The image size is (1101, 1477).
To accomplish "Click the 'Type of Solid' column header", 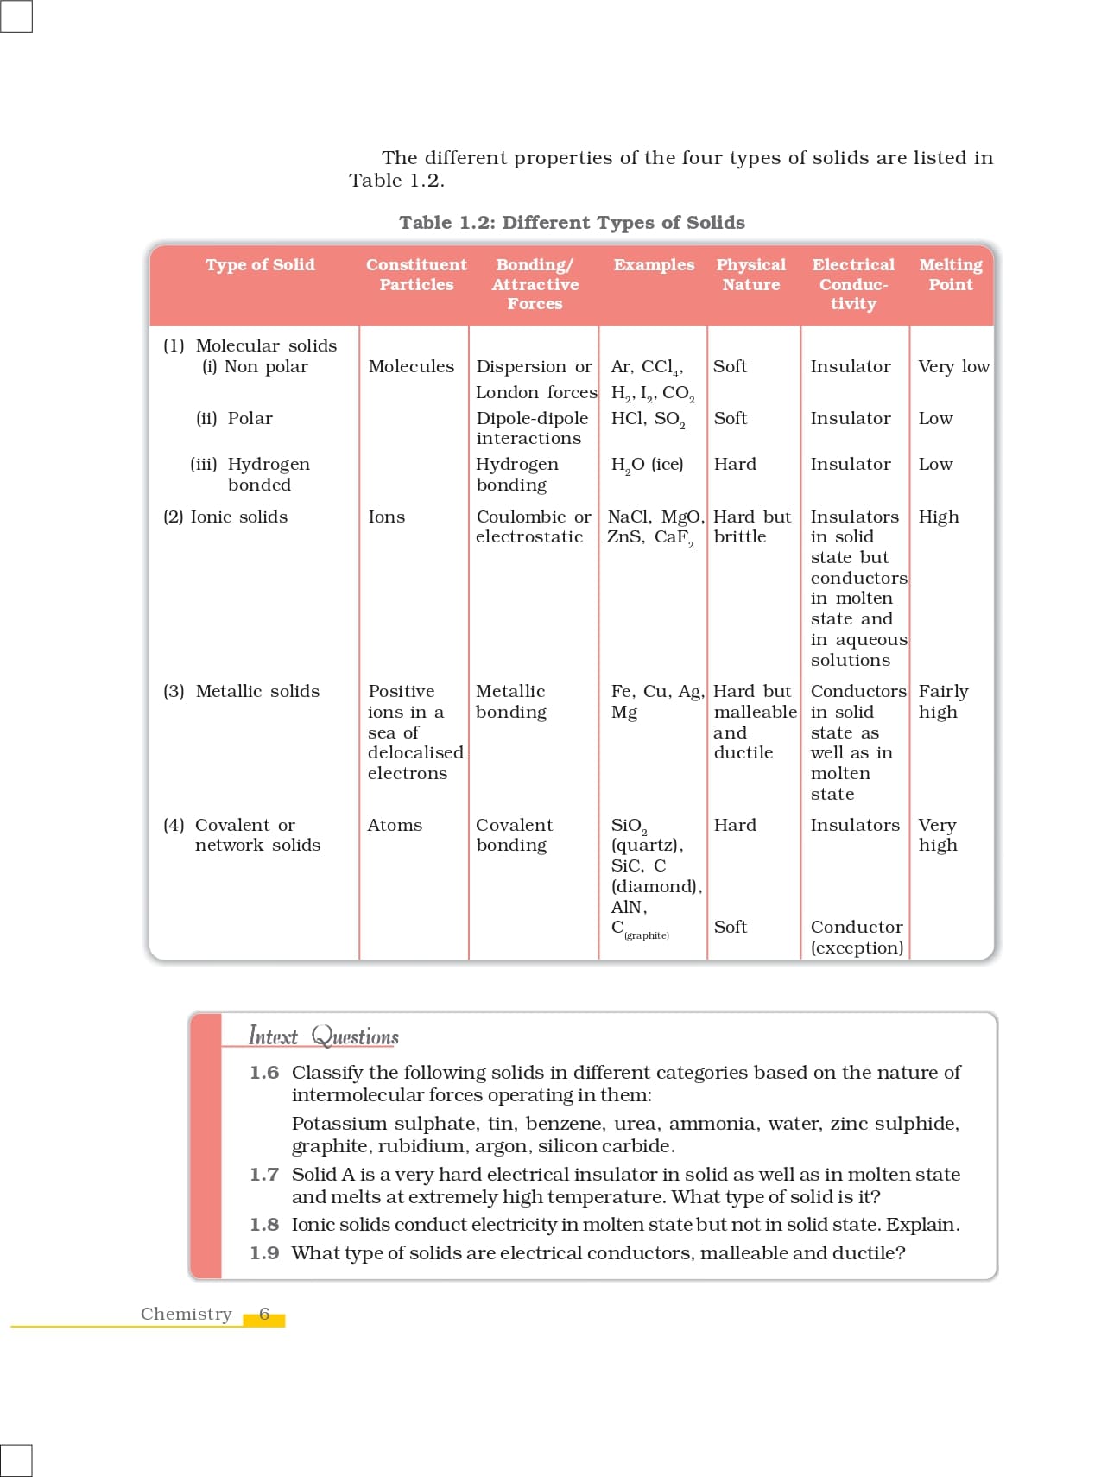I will tap(260, 265).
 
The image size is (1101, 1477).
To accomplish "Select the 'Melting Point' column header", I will tap(950, 275).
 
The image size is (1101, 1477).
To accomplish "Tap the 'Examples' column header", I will tap(654, 265).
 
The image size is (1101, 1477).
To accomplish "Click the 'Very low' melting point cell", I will tap(953, 366).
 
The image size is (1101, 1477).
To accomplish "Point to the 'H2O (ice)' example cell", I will tap(647, 465).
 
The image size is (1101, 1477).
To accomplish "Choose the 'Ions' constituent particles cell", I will tap(386, 517).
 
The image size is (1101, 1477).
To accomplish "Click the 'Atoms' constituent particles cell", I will tap(395, 825).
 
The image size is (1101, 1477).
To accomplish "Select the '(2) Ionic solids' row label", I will tap(225, 517).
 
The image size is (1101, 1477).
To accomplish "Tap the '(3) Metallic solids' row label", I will tap(241, 691).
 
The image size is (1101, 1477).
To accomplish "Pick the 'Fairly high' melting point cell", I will tap(943, 701).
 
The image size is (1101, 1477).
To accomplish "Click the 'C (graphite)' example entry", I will tap(640, 929).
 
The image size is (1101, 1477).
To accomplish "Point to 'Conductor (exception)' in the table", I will tap(857, 937).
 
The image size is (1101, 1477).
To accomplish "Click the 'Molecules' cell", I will tap(411, 366).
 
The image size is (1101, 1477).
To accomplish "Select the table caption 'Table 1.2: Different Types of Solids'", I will tap(572, 223).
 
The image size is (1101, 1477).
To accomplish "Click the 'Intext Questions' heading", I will tap(324, 1036).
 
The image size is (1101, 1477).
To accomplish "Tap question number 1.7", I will tap(264, 1175).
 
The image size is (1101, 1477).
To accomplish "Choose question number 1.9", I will tap(264, 1253).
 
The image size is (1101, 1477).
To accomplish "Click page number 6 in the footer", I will tap(264, 1314).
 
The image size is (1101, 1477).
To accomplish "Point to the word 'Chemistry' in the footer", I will tap(187, 1314).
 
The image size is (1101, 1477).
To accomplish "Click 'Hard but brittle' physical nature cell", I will tap(751, 527).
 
